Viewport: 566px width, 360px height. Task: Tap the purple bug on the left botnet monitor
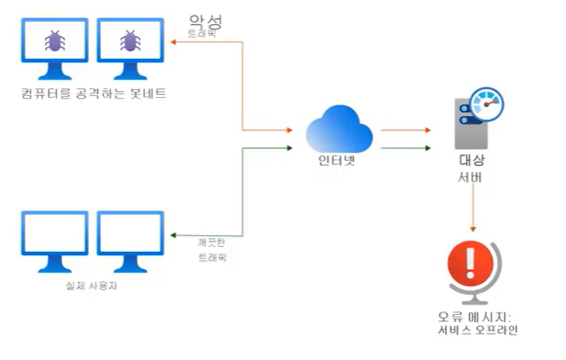[x=53, y=41]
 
